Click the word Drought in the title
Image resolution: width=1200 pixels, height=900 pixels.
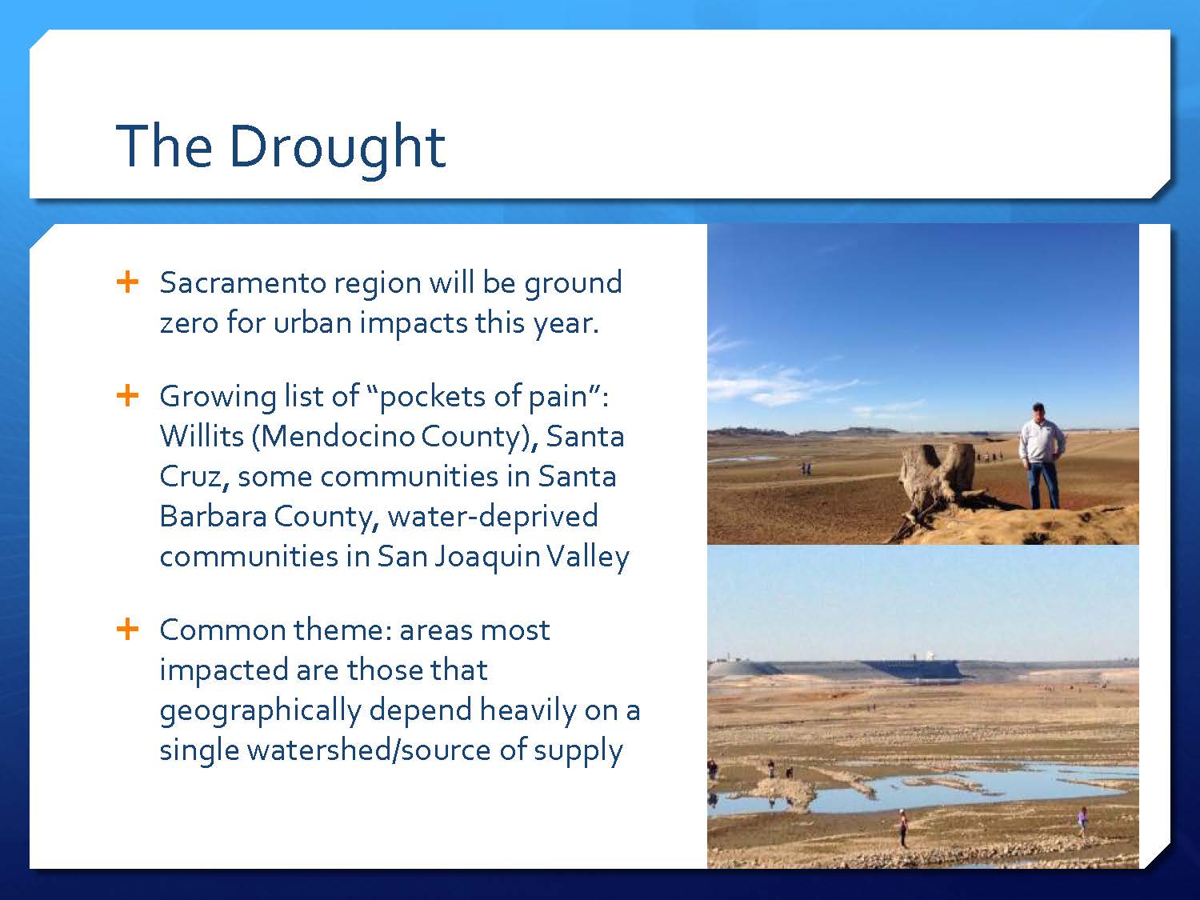pos(338,147)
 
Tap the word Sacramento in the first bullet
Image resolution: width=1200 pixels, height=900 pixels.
pos(243,282)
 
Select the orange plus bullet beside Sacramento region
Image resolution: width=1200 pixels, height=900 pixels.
pos(127,282)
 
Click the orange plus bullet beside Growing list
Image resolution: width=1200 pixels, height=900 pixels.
pos(127,395)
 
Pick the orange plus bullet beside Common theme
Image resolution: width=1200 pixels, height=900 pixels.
pos(127,629)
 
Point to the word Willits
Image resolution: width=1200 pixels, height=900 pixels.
pos(202,436)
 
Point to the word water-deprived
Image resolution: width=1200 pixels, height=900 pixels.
pos(493,517)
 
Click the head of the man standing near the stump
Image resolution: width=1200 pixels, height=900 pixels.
pos(1038,411)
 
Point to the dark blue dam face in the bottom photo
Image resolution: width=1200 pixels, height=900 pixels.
pos(913,670)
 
